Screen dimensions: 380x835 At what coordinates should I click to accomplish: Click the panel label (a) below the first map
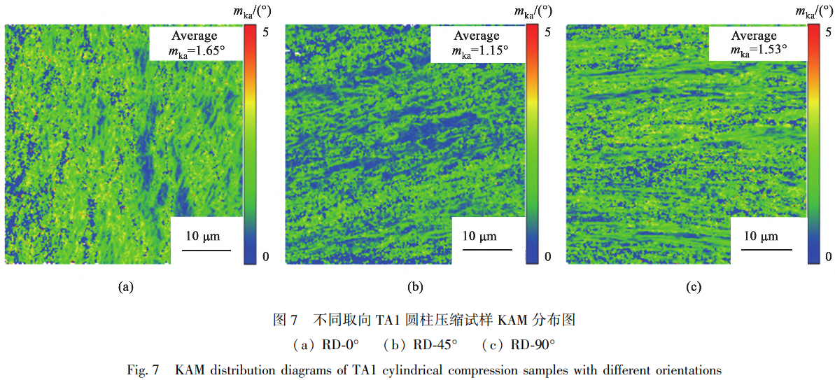pos(126,286)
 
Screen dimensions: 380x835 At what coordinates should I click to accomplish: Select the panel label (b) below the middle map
pos(414,286)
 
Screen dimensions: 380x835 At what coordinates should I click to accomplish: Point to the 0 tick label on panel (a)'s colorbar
pos(265,257)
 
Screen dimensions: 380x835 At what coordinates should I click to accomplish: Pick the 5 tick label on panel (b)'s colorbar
pos(547,32)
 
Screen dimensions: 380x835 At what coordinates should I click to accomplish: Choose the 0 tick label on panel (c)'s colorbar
pos(829,257)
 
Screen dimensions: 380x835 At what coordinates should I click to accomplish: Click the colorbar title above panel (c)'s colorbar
pos(815,10)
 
